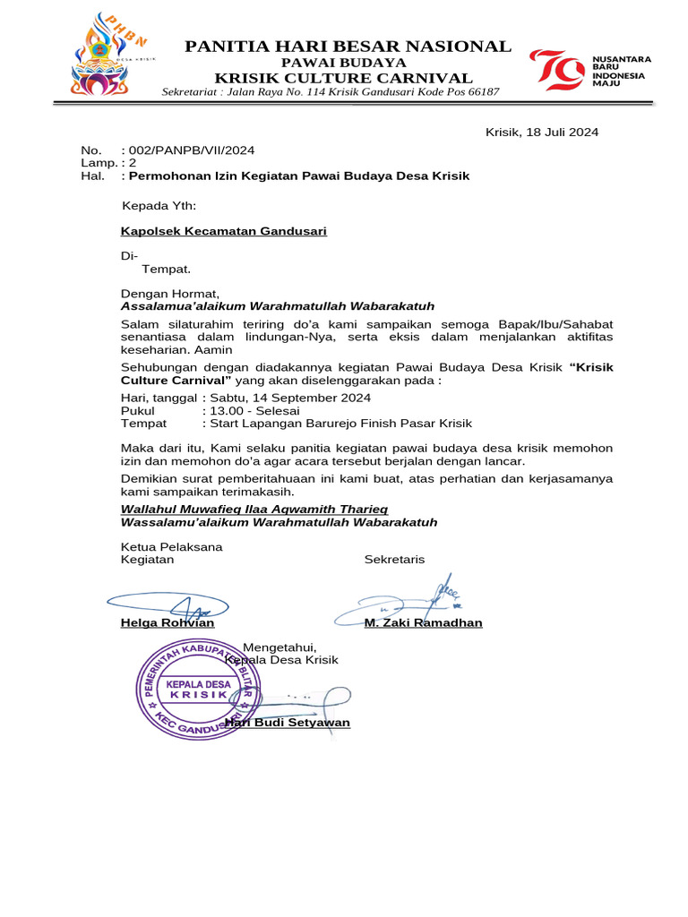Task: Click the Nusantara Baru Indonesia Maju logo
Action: [x=601, y=71]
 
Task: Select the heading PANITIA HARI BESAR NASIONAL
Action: [x=348, y=46]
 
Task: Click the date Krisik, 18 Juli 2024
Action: [x=541, y=133]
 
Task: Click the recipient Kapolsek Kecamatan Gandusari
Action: [x=224, y=231]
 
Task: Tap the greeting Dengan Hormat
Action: [x=169, y=293]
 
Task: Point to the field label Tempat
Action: [x=143, y=423]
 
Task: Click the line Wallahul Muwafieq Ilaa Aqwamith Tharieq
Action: [x=254, y=509]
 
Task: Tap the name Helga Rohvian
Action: [x=168, y=622]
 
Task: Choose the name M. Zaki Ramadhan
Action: [x=423, y=622]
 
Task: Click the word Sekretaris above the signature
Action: [x=394, y=560]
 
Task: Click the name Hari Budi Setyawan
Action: [x=288, y=723]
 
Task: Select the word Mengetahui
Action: [x=279, y=647]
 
